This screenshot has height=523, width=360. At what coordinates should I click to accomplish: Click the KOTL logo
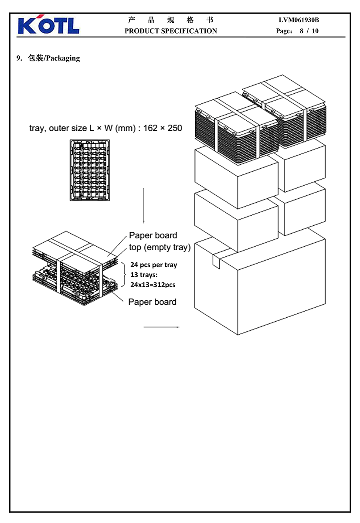pyautogui.click(x=48, y=26)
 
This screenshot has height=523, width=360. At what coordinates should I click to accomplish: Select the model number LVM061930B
pyautogui.click(x=299, y=20)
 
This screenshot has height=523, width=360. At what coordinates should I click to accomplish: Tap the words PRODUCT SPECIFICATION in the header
pyautogui.click(x=170, y=31)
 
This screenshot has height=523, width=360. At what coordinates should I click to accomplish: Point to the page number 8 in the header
pyautogui.click(x=301, y=31)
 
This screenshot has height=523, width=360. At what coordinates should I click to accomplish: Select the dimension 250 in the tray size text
pyautogui.click(x=174, y=128)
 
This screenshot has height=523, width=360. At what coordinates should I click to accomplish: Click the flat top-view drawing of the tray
pyautogui.click(x=90, y=170)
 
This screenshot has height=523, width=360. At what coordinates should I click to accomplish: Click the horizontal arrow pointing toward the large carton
pyautogui.click(x=161, y=326)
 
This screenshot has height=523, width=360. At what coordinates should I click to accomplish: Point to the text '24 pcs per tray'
pyautogui.click(x=153, y=265)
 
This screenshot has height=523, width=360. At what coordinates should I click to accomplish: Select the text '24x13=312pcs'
pyautogui.click(x=153, y=285)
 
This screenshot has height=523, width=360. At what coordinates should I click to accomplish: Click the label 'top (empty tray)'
pyautogui.click(x=160, y=248)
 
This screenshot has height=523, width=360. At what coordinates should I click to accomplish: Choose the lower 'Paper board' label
pyautogui.click(x=152, y=302)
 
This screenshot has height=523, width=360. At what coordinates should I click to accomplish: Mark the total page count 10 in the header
pyautogui.click(x=315, y=31)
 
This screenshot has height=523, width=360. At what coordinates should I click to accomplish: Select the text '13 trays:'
pyautogui.click(x=145, y=275)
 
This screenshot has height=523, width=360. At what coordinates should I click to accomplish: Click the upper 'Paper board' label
pyautogui.click(x=153, y=235)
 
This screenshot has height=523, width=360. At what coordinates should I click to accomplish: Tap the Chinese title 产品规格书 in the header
pyautogui.click(x=170, y=20)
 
